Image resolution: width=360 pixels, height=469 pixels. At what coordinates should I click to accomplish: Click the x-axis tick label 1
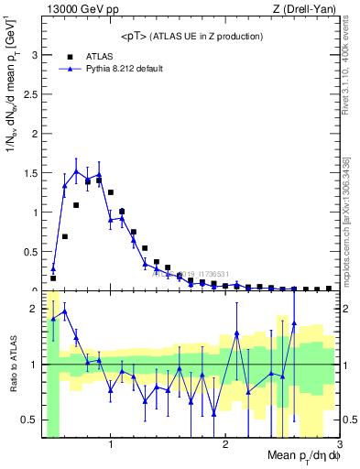111,445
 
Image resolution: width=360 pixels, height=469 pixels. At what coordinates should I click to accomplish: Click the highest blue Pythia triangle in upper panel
76,171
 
